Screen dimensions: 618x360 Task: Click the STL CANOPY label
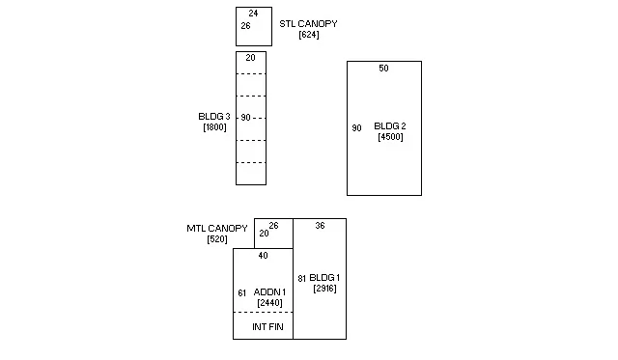[x=308, y=23]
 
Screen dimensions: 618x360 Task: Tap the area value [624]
[x=309, y=35]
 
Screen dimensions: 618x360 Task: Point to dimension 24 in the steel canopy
[x=253, y=14]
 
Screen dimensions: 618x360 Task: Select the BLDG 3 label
[x=214, y=117]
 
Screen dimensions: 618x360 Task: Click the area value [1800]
[x=214, y=127]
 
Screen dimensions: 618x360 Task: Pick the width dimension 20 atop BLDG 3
[x=251, y=58]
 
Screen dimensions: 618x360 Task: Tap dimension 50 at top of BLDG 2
[x=384, y=69]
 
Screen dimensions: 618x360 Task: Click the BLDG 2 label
[x=390, y=126]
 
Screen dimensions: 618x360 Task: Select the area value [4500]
[x=390, y=137]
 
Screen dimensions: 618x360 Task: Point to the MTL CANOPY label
[x=217, y=229]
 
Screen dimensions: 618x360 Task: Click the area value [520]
[x=217, y=239]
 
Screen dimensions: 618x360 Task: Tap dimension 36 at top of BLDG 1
[x=320, y=226]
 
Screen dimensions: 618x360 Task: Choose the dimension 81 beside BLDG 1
[x=302, y=279]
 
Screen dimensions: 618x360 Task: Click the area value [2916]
[x=325, y=289]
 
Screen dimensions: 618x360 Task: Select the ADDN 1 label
[x=269, y=292]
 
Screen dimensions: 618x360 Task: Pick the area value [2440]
[x=270, y=303]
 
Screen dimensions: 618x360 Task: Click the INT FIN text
[x=267, y=327]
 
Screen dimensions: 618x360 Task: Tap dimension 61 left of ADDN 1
[x=242, y=293]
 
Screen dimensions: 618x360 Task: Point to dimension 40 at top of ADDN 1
[x=264, y=256]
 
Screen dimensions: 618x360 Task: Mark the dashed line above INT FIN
[x=263, y=313]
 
